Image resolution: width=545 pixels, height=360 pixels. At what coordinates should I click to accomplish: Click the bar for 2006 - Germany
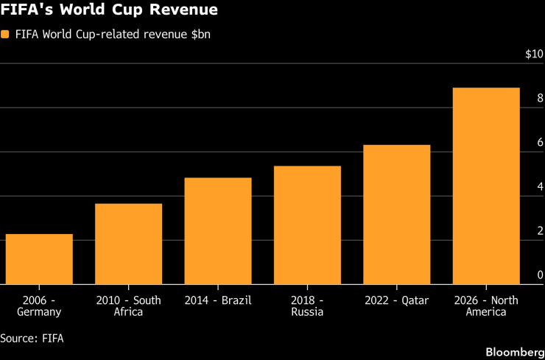tap(39, 259)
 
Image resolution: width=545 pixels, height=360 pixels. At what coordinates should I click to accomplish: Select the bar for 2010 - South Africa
tap(129, 244)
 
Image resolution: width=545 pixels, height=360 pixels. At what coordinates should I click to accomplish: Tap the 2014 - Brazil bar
tap(218, 231)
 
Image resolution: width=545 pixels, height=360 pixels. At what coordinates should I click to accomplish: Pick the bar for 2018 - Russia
tap(307, 225)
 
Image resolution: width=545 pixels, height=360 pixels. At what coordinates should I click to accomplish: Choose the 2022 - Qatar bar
tap(396, 215)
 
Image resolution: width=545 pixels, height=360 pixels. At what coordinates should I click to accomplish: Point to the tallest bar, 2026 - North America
tap(486, 186)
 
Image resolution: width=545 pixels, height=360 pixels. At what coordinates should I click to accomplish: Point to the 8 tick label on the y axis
tap(540, 99)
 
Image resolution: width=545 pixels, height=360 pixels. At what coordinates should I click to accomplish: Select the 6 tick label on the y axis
tap(540, 143)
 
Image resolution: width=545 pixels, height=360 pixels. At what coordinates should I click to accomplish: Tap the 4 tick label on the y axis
tap(540, 186)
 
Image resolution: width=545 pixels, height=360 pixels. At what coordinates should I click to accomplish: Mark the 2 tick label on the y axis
tap(540, 230)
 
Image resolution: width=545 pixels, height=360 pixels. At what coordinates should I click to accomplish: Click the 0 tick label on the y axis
tap(540, 275)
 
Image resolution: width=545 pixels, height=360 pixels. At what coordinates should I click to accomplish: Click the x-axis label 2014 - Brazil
tap(218, 300)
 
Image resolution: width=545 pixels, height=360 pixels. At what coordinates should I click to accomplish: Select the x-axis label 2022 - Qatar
tap(396, 300)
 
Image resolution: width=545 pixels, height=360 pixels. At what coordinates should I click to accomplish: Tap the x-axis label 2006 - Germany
tap(39, 306)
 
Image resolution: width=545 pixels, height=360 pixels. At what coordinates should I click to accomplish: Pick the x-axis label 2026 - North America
tap(486, 306)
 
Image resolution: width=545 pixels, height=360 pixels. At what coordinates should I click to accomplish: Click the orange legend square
tap(5, 35)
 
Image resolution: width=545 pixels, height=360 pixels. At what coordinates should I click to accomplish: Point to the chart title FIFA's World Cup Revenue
tap(109, 10)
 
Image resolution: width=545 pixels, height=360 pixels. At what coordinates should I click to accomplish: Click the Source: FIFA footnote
tap(32, 338)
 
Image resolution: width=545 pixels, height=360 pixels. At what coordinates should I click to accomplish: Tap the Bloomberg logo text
tap(515, 352)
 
